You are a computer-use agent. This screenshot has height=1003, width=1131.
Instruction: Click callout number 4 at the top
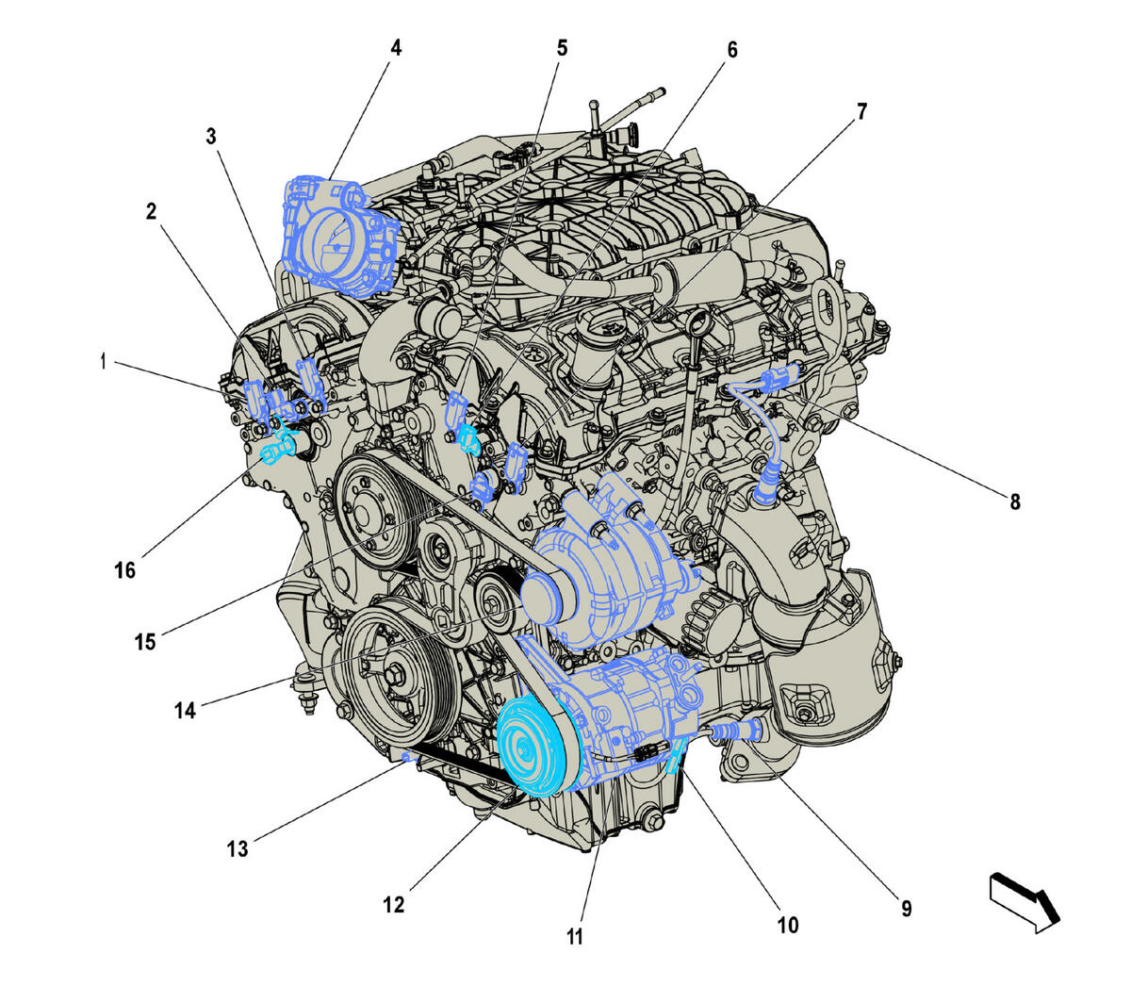396,47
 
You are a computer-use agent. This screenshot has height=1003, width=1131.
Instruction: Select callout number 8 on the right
1015,501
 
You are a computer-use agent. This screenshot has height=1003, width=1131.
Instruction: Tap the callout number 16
125,570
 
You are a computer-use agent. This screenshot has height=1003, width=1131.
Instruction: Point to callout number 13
237,848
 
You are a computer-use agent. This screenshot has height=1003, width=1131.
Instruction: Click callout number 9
906,909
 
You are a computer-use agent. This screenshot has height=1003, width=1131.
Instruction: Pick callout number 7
861,111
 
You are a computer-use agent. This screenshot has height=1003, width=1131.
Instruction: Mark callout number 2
151,211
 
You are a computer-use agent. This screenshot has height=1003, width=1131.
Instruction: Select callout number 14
185,710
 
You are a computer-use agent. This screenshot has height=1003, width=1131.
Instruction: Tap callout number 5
562,47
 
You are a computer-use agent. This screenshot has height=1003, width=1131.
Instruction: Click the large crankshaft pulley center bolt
394,675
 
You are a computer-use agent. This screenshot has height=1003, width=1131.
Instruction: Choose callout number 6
731,49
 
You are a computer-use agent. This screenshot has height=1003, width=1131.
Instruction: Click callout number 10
787,925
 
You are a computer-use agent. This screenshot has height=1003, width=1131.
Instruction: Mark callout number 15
144,642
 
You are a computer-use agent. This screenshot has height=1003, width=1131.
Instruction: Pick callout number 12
393,905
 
